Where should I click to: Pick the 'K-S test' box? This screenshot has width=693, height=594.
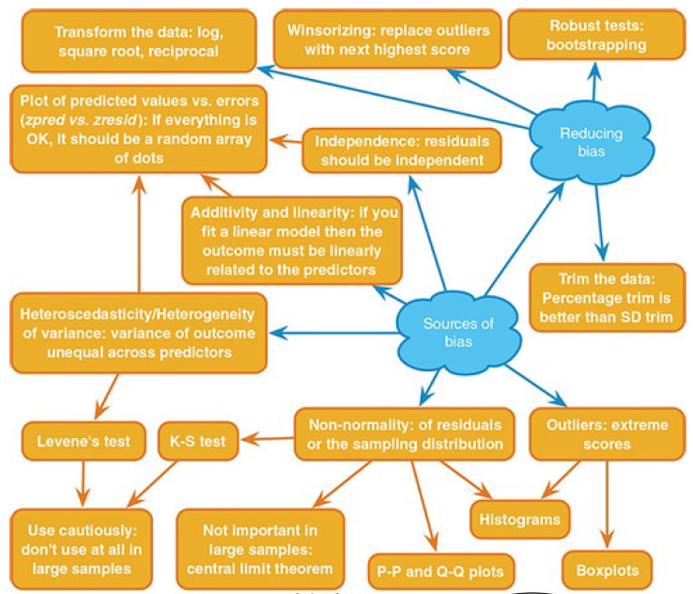[x=197, y=440]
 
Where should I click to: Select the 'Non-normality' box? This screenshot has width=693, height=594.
[x=405, y=433]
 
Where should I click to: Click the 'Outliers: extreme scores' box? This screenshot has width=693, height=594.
[x=606, y=433]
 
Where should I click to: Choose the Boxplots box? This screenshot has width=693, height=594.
[x=607, y=569]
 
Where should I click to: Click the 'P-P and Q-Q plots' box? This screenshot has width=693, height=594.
[x=440, y=570]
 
